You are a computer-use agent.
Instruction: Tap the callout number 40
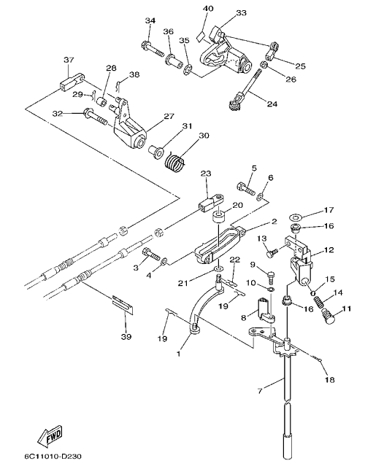tap(208, 8)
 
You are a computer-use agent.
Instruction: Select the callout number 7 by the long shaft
tap(260, 390)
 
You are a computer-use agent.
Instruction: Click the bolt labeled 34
tap(152, 50)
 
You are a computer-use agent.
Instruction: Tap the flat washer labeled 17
tap(296, 218)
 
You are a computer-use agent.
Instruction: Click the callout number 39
tap(126, 336)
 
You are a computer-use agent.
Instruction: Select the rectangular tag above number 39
tap(123, 305)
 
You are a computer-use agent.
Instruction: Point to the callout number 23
tap(206, 173)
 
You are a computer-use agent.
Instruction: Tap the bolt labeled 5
tap(246, 189)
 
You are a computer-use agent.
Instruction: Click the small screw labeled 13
tap(272, 253)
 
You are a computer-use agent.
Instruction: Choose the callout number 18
tap(330, 379)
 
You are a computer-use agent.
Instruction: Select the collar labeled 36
tap(174, 61)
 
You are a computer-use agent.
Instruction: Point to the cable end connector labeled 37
tap(71, 82)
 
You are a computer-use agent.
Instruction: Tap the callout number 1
tap(178, 354)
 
